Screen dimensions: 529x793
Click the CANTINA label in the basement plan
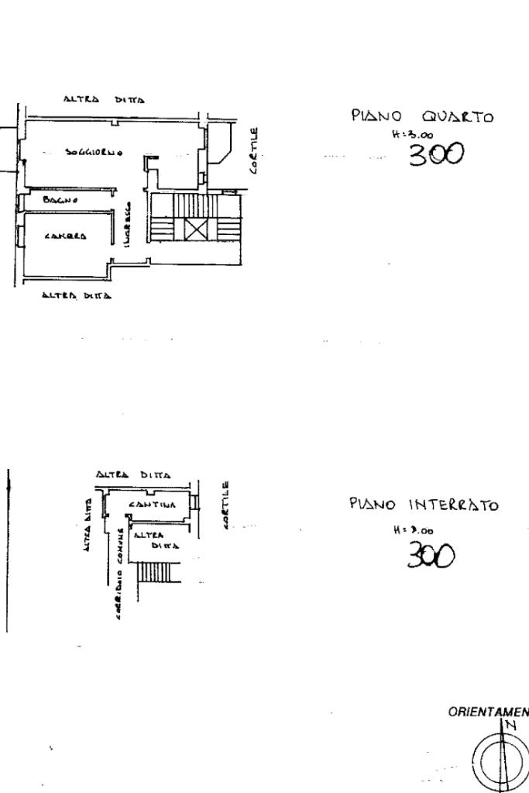[153, 505]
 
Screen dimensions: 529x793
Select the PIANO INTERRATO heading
[423, 505]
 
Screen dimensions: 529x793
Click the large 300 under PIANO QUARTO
[435, 155]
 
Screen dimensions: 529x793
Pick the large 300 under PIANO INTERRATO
[431, 554]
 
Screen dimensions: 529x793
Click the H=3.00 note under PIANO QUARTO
[413, 134]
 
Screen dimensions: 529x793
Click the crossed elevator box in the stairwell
[195, 229]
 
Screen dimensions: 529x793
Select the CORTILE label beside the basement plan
[226, 505]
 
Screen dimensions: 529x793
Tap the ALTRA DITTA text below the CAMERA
[77, 295]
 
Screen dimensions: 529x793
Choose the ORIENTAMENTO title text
[488, 712]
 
